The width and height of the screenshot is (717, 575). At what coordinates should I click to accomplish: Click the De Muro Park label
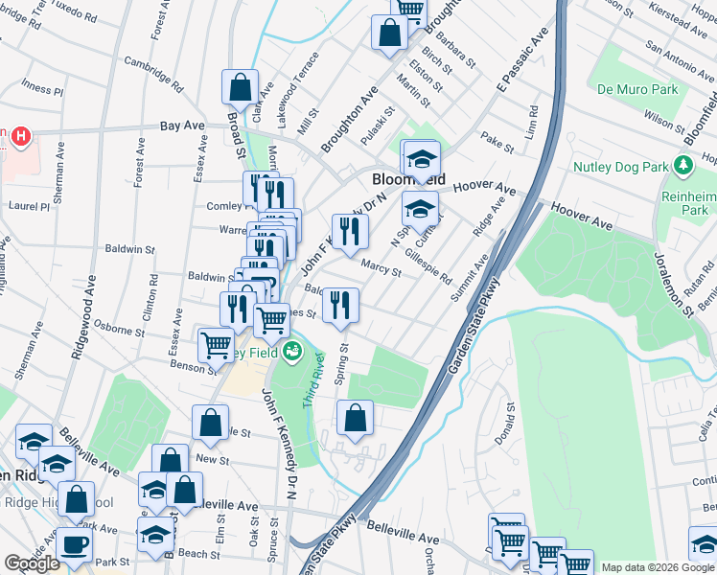pyautogui.click(x=637, y=90)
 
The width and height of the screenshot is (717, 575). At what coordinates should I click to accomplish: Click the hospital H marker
pyautogui.click(x=20, y=137)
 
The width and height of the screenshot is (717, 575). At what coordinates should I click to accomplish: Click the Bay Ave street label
pyautogui.click(x=183, y=126)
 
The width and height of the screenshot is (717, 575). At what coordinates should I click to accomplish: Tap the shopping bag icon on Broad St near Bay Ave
pyautogui.click(x=240, y=86)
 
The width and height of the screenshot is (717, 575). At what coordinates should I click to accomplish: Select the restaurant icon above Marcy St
pyautogui.click(x=350, y=230)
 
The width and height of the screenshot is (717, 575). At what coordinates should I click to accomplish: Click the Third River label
pyautogui.click(x=313, y=381)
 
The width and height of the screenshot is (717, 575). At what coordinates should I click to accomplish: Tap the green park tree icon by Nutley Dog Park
pyautogui.click(x=683, y=166)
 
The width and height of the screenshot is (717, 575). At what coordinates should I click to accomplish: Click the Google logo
pyautogui.click(x=32, y=563)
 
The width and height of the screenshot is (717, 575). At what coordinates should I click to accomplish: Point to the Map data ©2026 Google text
pyautogui.click(x=658, y=567)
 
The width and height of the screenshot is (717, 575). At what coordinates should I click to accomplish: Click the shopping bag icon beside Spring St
pyautogui.click(x=355, y=418)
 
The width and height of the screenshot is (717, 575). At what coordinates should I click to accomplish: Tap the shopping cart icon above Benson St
pyautogui.click(x=217, y=344)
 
